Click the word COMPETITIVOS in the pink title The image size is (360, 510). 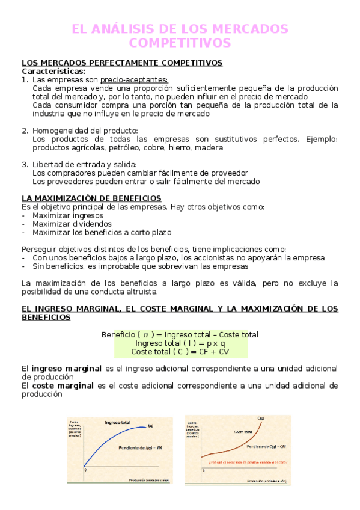pos(180,43)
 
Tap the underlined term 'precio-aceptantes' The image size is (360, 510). pos(134,80)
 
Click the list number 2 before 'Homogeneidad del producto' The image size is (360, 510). pos(25,131)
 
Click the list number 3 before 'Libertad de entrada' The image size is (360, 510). pos(25,164)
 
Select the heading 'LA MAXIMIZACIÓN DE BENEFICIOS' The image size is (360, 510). pos(91,198)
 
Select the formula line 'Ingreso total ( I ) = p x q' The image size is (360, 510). pos(180,343)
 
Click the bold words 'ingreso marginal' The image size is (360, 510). pos(66,368)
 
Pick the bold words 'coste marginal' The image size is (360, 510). pos(63,386)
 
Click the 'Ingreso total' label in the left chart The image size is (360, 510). pos(117,422)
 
